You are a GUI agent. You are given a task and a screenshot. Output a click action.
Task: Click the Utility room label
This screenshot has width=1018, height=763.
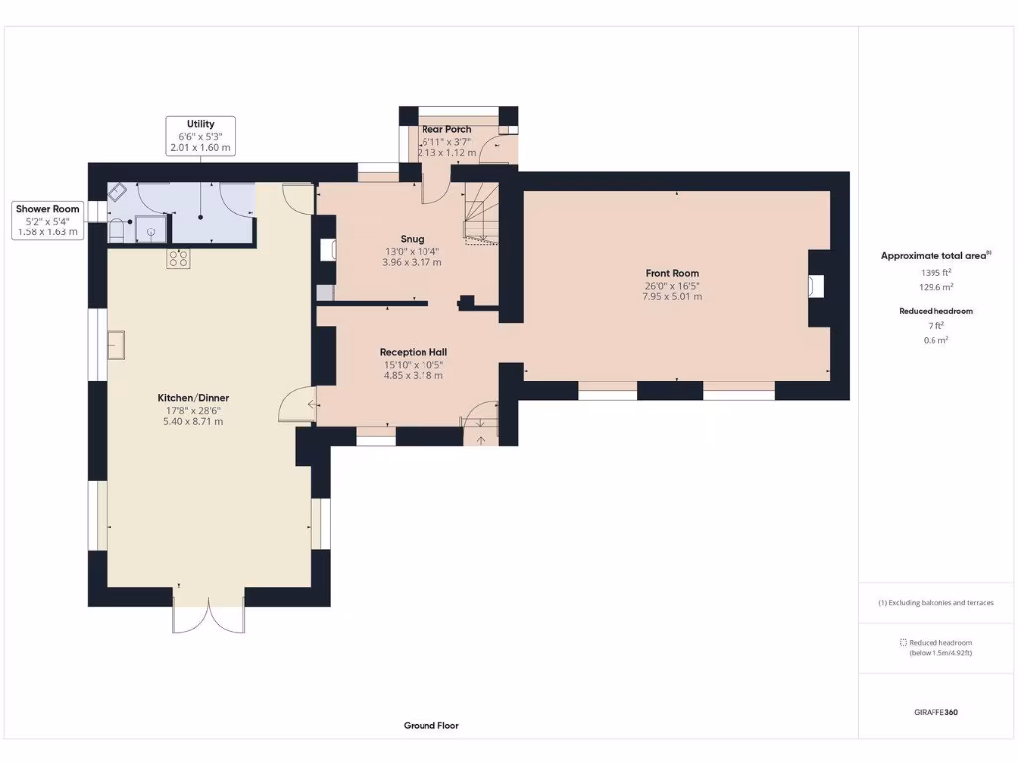[x=200, y=124]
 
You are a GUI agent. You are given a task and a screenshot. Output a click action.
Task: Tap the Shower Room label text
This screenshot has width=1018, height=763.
[x=47, y=209]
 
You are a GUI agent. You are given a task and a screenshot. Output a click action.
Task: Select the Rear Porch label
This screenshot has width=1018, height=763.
[x=446, y=130]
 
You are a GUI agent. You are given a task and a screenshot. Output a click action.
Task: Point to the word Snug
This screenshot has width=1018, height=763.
[x=412, y=239]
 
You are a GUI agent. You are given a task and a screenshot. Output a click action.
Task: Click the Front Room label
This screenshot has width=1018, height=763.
[x=673, y=273]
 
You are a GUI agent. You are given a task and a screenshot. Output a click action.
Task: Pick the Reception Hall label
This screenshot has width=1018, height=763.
[x=413, y=352]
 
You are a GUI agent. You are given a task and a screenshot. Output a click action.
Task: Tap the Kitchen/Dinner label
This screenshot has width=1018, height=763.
[x=194, y=398]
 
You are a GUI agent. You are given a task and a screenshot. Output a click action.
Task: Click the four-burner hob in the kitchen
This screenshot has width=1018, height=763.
[x=178, y=259]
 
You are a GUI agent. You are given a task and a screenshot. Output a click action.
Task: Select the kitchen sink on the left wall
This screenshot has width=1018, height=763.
[x=117, y=345]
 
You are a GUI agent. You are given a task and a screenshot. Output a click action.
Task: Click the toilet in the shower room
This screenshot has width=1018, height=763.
[x=117, y=229]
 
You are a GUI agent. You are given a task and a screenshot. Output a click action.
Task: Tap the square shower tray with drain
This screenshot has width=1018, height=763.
[x=151, y=229]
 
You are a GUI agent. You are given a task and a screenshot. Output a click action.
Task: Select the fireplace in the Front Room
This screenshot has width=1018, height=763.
[x=816, y=287]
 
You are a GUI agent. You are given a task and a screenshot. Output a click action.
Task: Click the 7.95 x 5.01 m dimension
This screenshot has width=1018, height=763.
[x=673, y=296]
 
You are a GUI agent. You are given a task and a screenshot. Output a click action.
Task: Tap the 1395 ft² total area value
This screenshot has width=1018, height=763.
[x=934, y=272]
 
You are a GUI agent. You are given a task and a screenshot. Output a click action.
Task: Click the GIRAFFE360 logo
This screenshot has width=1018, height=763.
[x=934, y=712]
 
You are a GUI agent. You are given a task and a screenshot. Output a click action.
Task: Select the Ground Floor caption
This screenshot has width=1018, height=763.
[x=430, y=726]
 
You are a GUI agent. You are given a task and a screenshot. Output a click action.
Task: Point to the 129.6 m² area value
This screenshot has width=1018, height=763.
[x=934, y=287]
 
